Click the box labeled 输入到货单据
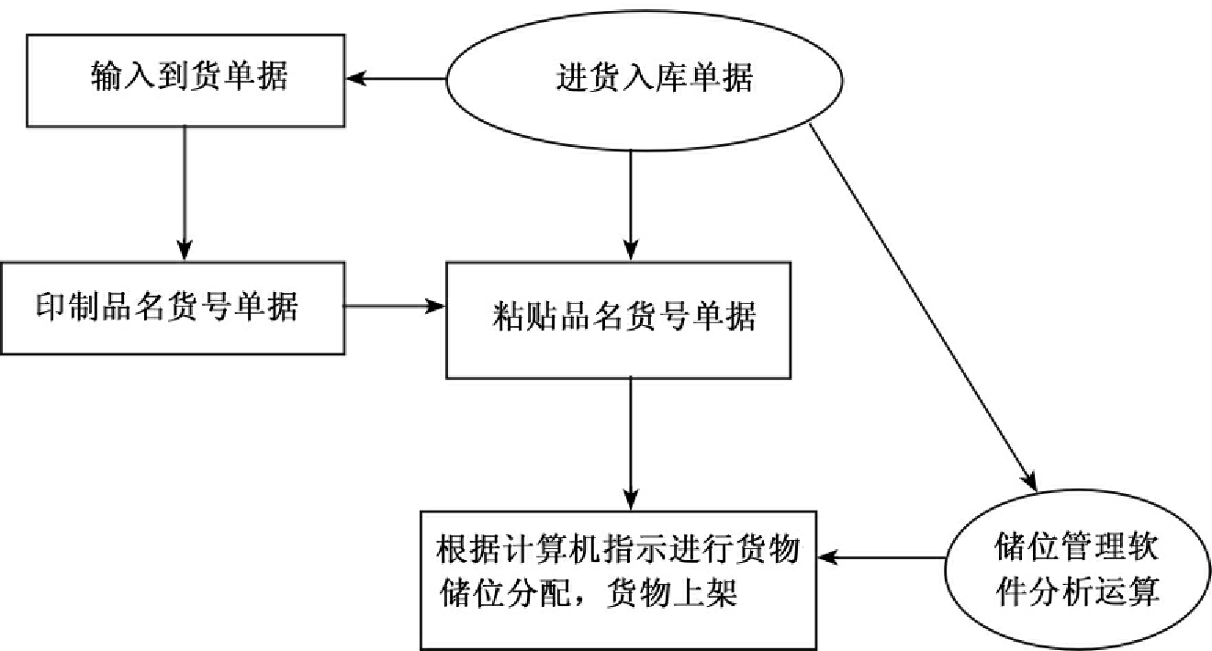pyautogui.click(x=186, y=79)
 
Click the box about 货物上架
pyautogui.click(x=616, y=578)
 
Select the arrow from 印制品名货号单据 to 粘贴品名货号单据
pyautogui.click(x=395, y=307)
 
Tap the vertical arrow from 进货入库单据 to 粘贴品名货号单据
pyautogui.click(x=630, y=207)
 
